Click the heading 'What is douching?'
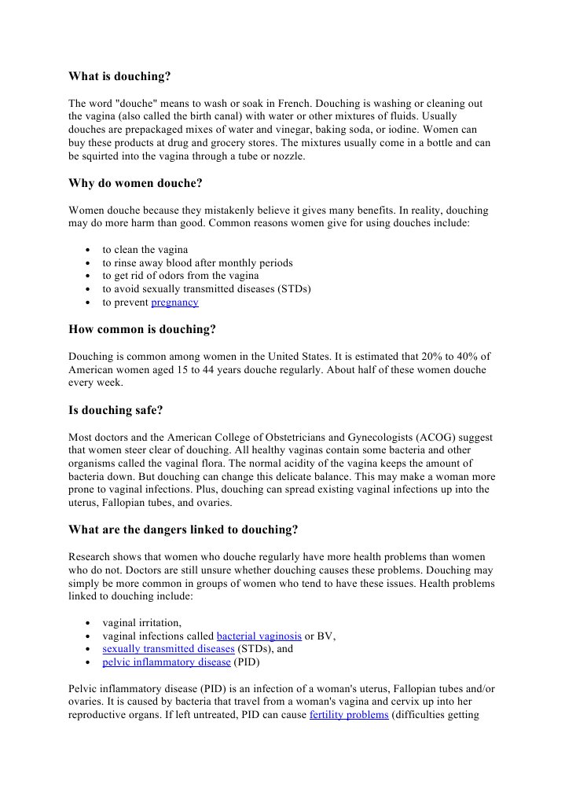pyautogui.click(x=119, y=77)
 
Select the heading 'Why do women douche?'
pyautogui.click(x=135, y=184)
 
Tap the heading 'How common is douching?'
pyautogui.click(x=141, y=329)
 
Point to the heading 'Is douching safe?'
pyautogui.click(x=116, y=409)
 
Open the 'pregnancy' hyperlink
pyautogui.click(x=174, y=302)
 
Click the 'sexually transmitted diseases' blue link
pyautogui.click(x=168, y=649)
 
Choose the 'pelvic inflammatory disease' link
pyautogui.click(x=167, y=662)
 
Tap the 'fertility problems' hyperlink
pyautogui.click(x=349, y=716)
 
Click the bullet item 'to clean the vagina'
pyautogui.click(x=145, y=250)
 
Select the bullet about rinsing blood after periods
pyautogui.click(x=197, y=263)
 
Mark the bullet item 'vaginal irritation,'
pyautogui.click(x=142, y=622)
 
